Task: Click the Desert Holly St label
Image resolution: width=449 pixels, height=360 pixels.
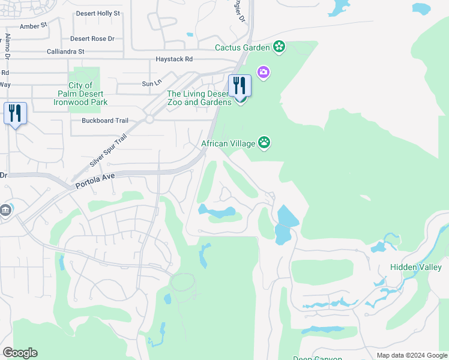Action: pos(98,13)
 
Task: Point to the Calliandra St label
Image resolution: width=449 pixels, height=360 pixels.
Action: pos(65,52)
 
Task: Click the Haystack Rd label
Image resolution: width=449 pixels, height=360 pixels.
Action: pos(174,59)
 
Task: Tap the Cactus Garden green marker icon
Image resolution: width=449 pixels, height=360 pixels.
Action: pos(279,46)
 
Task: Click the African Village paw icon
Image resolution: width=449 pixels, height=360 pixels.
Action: pos(264,142)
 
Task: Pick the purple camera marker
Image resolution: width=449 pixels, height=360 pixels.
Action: pos(263,73)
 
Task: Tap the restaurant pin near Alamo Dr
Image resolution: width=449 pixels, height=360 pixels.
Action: pos(15,113)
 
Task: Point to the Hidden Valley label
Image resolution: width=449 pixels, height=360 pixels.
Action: pos(416,267)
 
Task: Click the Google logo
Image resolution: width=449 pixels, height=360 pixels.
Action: pos(20,353)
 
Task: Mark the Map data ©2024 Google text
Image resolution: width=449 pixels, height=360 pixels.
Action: pos(411,355)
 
